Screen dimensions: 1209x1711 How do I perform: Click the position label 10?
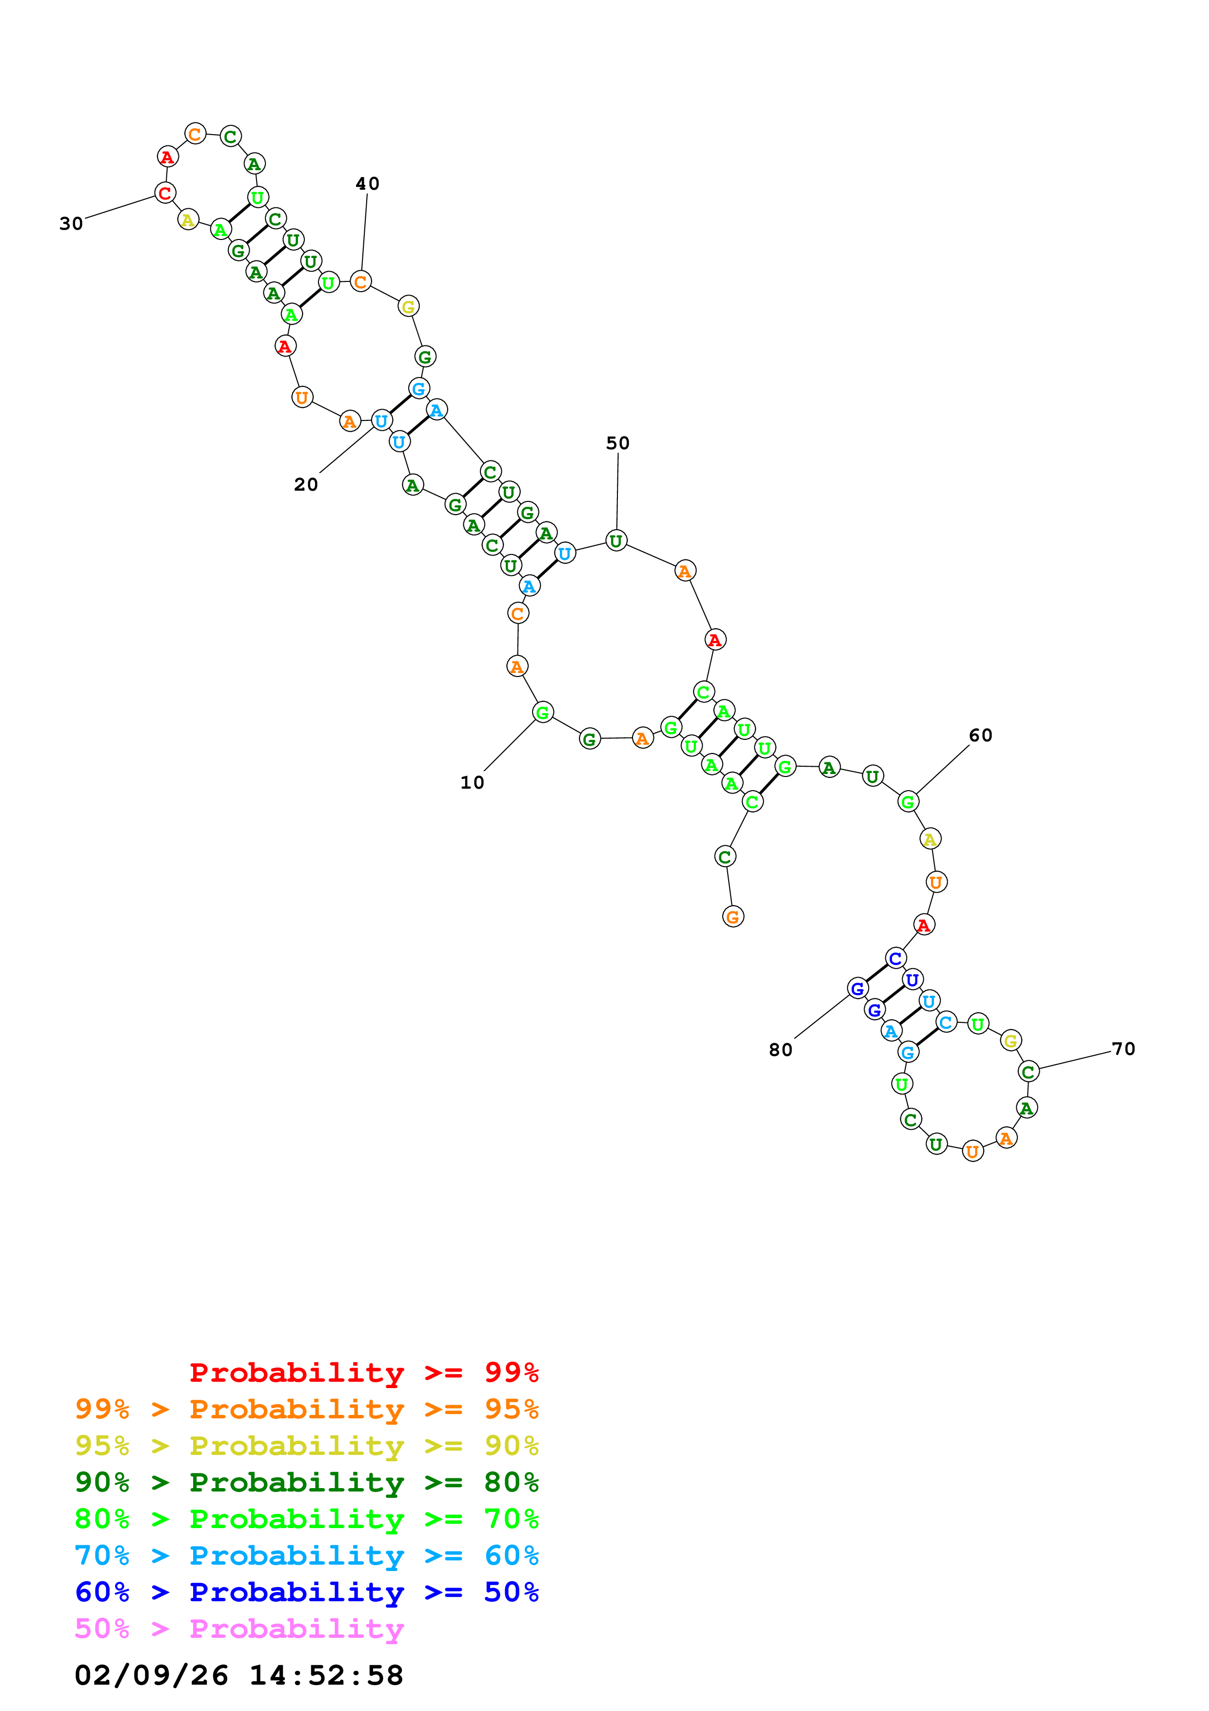[x=472, y=782]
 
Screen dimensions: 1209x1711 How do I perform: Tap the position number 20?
[x=305, y=484]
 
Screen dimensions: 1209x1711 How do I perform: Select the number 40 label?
[x=367, y=183]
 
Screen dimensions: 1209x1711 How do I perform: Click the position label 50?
[x=617, y=443]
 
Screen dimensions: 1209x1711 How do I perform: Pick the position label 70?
[x=1123, y=1049]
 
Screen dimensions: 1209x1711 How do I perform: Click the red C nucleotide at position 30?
[x=165, y=193]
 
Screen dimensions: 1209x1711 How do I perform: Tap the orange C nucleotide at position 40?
[x=360, y=282]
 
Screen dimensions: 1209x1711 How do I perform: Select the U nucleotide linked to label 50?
[x=616, y=541]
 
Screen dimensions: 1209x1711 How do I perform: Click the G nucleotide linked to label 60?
[x=907, y=802]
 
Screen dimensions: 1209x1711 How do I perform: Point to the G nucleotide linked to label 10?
[x=543, y=713]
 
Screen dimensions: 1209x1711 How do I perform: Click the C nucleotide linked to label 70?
[x=1029, y=1072]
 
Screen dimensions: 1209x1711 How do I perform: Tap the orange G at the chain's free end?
[x=733, y=916]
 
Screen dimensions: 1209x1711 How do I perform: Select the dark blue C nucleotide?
[x=896, y=958]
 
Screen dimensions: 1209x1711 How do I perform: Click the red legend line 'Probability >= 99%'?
[x=363, y=1372]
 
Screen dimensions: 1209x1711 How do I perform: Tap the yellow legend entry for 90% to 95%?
[x=306, y=1446]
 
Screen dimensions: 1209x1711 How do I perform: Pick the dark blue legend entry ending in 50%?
[x=306, y=1592]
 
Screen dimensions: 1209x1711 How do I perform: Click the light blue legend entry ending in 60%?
[x=306, y=1555]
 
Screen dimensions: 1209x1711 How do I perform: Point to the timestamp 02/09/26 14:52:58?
[x=238, y=1675]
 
